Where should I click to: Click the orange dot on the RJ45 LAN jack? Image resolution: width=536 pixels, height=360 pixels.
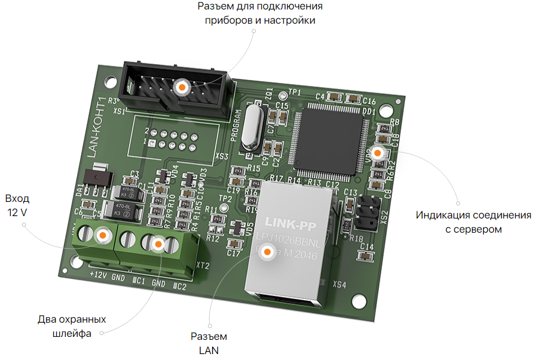[x=267, y=252]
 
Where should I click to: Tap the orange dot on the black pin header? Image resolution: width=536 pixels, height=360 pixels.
[x=182, y=87]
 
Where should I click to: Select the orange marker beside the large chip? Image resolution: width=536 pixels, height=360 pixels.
[x=377, y=152]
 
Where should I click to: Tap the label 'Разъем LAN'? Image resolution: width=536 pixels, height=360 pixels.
[x=208, y=343]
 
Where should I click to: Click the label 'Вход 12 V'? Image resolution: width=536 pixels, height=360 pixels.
[x=17, y=205]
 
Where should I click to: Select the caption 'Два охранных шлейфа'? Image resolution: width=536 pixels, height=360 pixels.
[x=72, y=326]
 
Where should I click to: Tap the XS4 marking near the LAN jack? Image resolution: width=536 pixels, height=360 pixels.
[x=339, y=285]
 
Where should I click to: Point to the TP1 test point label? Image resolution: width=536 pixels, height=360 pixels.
[x=294, y=92]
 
